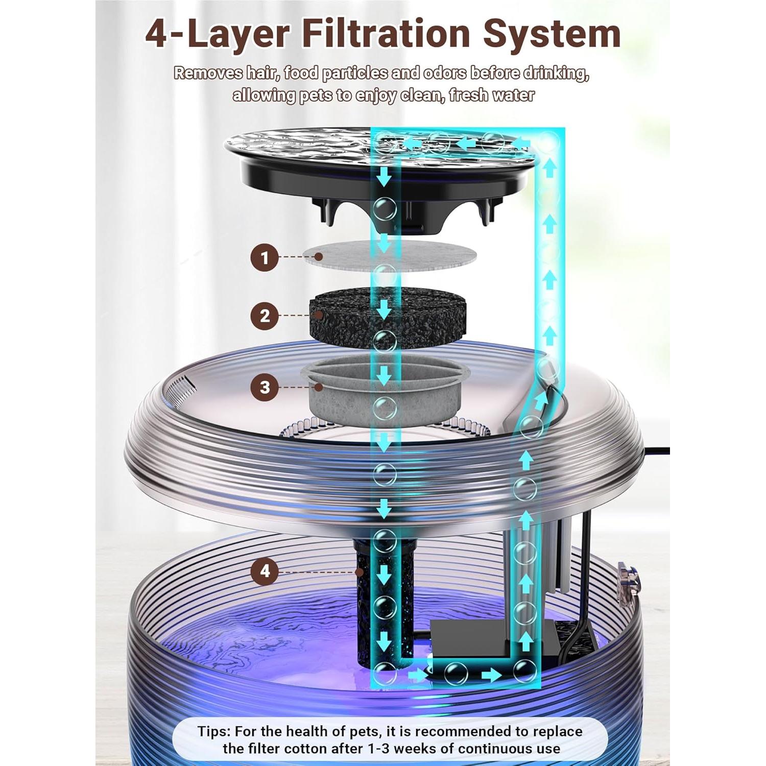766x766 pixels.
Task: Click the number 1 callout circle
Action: click(x=264, y=257)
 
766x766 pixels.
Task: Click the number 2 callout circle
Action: click(x=264, y=316)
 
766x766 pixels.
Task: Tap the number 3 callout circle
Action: click(x=264, y=387)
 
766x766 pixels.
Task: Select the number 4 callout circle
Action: click(x=264, y=570)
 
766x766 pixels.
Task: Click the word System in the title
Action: click(x=552, y=34)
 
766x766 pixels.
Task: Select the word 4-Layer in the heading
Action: click(x=218, y=34)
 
